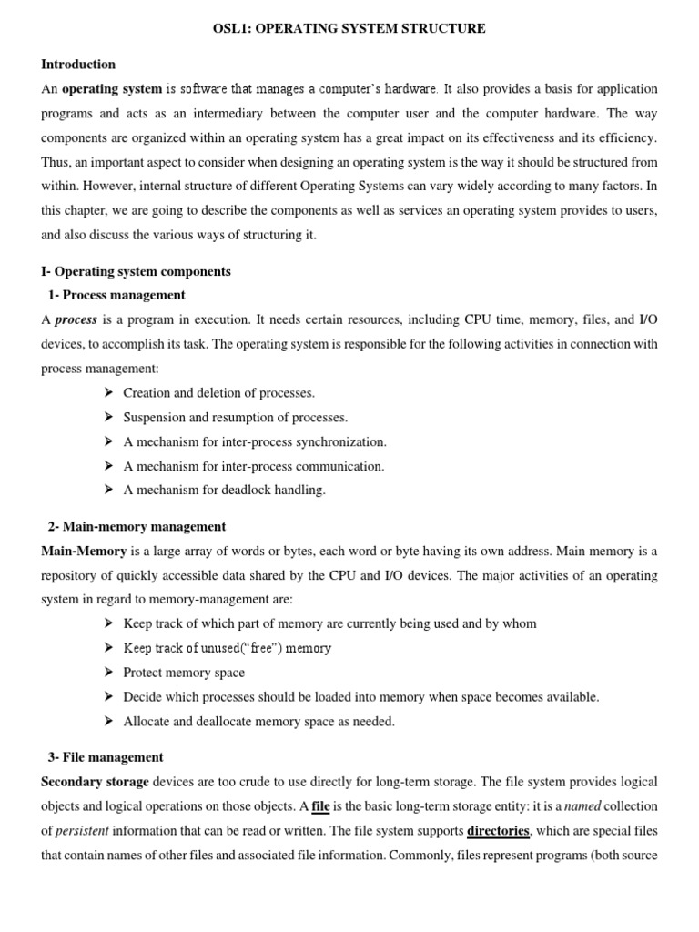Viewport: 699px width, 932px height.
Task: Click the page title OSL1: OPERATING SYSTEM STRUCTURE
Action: pos(349,29)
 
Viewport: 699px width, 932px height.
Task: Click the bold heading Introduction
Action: pos(78,65)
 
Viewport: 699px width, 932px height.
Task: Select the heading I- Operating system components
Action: pos(137,271)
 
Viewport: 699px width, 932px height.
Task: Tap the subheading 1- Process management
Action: pos(116,295)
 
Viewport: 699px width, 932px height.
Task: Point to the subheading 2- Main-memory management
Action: pos(137,526)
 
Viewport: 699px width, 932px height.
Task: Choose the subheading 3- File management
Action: pos(106,756)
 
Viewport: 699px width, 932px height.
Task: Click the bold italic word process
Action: pos(76,319)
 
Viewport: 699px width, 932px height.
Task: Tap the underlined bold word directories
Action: pos(498,830)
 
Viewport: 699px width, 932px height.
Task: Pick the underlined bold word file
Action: pos(320,806)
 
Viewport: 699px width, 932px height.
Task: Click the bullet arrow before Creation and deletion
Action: pos(106,393)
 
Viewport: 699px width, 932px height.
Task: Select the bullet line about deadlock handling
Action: pos(224,490)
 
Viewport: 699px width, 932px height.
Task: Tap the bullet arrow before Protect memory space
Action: pos(106,673)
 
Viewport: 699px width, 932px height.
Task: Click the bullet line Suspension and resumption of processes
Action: pos(235,417)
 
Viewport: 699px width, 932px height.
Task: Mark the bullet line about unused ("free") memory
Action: pos(227,648)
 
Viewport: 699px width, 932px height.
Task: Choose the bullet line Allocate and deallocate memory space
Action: pos(258,721)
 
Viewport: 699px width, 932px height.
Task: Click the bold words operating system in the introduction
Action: pos(112,89)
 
